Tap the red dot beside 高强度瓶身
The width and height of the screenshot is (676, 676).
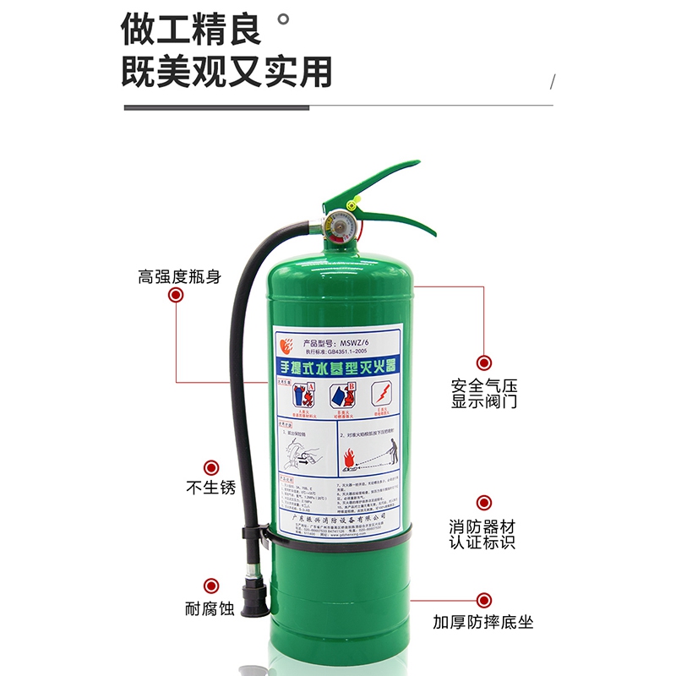(x=176, y=295)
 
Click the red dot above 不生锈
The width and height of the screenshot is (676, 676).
(x=210, y=466)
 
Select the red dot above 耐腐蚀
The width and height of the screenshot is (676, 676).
(x=210, y=586)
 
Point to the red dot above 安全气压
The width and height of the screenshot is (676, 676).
(x=483, y=363)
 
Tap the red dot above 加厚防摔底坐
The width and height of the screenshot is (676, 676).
(x=483, y=599)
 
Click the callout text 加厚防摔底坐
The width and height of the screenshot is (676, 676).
(x=483, y=624)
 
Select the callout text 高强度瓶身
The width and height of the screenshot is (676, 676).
(x=179, y=276)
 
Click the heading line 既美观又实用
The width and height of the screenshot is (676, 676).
(x=226, y=72)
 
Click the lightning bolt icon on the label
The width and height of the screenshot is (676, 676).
(x=382, y=394)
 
